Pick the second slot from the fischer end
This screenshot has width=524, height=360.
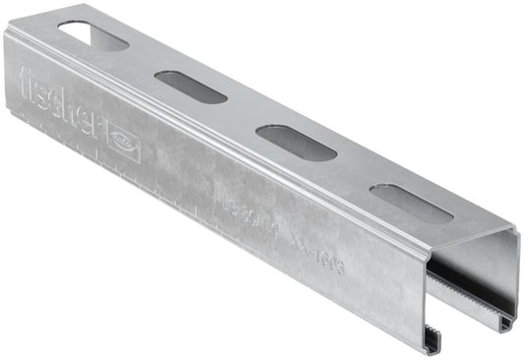[x=193, y=87]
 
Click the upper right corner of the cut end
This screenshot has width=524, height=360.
[x=513, y=235]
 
